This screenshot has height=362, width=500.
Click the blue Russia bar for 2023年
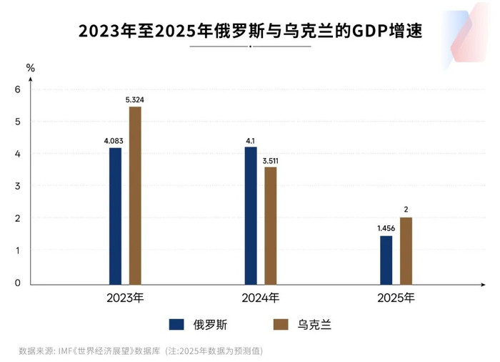click(115, 216)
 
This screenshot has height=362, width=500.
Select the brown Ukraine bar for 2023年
click(135, 195)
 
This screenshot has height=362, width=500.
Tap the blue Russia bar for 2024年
click(251, 215)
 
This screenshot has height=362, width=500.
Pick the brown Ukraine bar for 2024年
click(270, 225)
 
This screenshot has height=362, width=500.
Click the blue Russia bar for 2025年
click(386, 260)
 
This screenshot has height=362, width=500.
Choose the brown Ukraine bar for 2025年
click(406, 250)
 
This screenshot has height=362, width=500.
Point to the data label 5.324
click(135, 100)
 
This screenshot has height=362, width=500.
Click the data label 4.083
click(115, 141)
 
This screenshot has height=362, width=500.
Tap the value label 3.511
click(270, 160)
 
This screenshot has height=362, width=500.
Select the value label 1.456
click(386, 228)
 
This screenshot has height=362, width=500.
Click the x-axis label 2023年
click(125, 297)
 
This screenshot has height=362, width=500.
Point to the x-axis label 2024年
click(260, 297)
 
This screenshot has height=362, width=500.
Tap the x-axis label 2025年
click(396, 297)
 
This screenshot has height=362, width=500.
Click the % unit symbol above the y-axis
click(30, 68)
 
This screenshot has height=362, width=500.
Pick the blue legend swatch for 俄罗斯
click(177, 325)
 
